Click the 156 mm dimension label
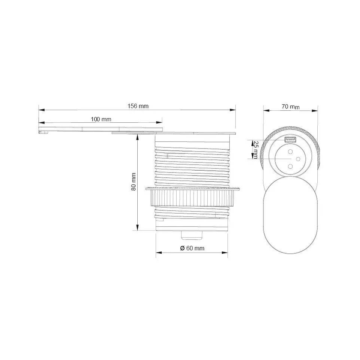click(x=138, y=106)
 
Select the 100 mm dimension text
click(x=101, y=119)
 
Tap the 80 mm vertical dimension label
click(x=134, y=182)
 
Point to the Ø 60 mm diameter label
click(x=192, y=248)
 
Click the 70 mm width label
click(x=290, y=107)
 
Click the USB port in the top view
click(x=290, y=140)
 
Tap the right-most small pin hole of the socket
click(x=298, y=159)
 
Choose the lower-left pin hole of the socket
click(x=290, y=165)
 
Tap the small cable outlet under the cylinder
click(x=192, y=235)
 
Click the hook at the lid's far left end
click(x=43, y=131)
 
